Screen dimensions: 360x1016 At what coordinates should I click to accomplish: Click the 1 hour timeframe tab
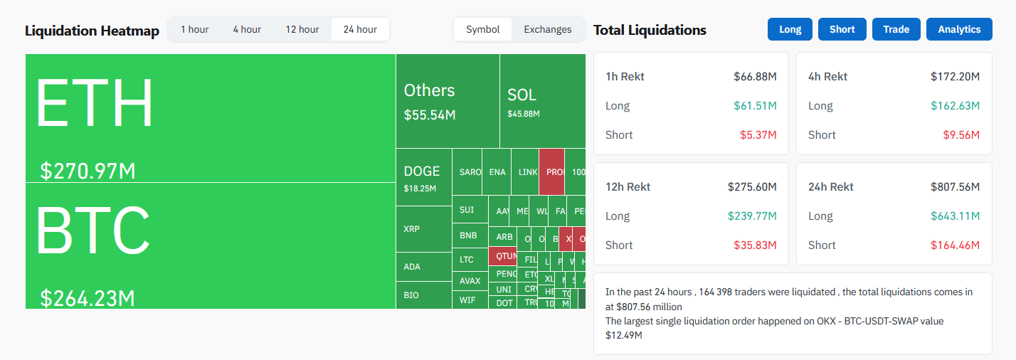click(194, 29)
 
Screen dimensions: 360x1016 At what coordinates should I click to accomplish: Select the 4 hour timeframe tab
click(247, 29)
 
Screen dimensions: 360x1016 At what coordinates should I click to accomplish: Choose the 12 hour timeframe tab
click(302, 29)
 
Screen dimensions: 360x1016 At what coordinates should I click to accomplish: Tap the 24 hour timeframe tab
click(360, 29)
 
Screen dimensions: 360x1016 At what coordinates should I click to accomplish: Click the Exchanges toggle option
click(548, 29)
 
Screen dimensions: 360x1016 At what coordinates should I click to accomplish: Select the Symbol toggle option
click(483, 29)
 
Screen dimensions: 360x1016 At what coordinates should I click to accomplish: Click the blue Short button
click(842, 29)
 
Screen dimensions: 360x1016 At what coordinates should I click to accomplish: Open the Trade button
click(896, 29)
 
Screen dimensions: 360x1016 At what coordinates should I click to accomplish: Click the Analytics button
click(959, 29)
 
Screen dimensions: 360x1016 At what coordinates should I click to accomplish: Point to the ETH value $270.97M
click(88, 171)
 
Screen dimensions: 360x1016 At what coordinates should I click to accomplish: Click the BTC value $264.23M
click(88, 298)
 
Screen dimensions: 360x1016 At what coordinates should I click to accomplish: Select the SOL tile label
click(522, 95)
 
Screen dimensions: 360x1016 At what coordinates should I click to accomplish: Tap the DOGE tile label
click(422, 171)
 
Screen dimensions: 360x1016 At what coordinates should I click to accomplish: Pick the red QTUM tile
click(506, 256)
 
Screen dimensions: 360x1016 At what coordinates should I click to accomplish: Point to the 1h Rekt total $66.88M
click(755, 76)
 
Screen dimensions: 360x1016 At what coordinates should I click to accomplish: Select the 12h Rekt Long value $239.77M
click(752, 216)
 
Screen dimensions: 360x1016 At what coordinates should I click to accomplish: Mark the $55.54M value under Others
click(430, 115)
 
